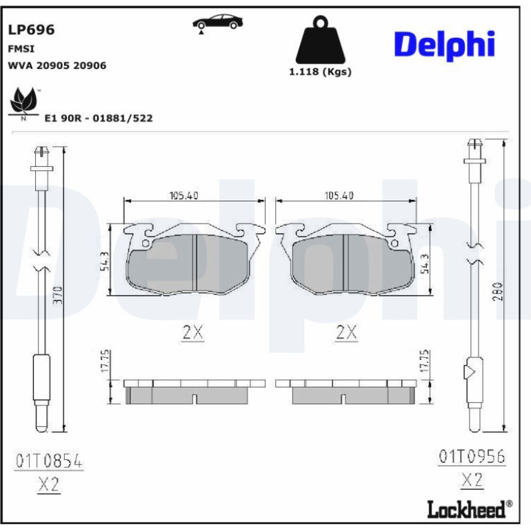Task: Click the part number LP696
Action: (31, 30)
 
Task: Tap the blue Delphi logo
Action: (445, 46)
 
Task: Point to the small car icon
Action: (217, 23)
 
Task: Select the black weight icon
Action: (321, 41)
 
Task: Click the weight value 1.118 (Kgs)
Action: (320, 72)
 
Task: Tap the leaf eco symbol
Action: (23, 103)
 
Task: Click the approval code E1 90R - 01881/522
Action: (99, 118)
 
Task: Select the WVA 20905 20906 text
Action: (57, 66)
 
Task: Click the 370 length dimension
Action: (59, 295)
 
